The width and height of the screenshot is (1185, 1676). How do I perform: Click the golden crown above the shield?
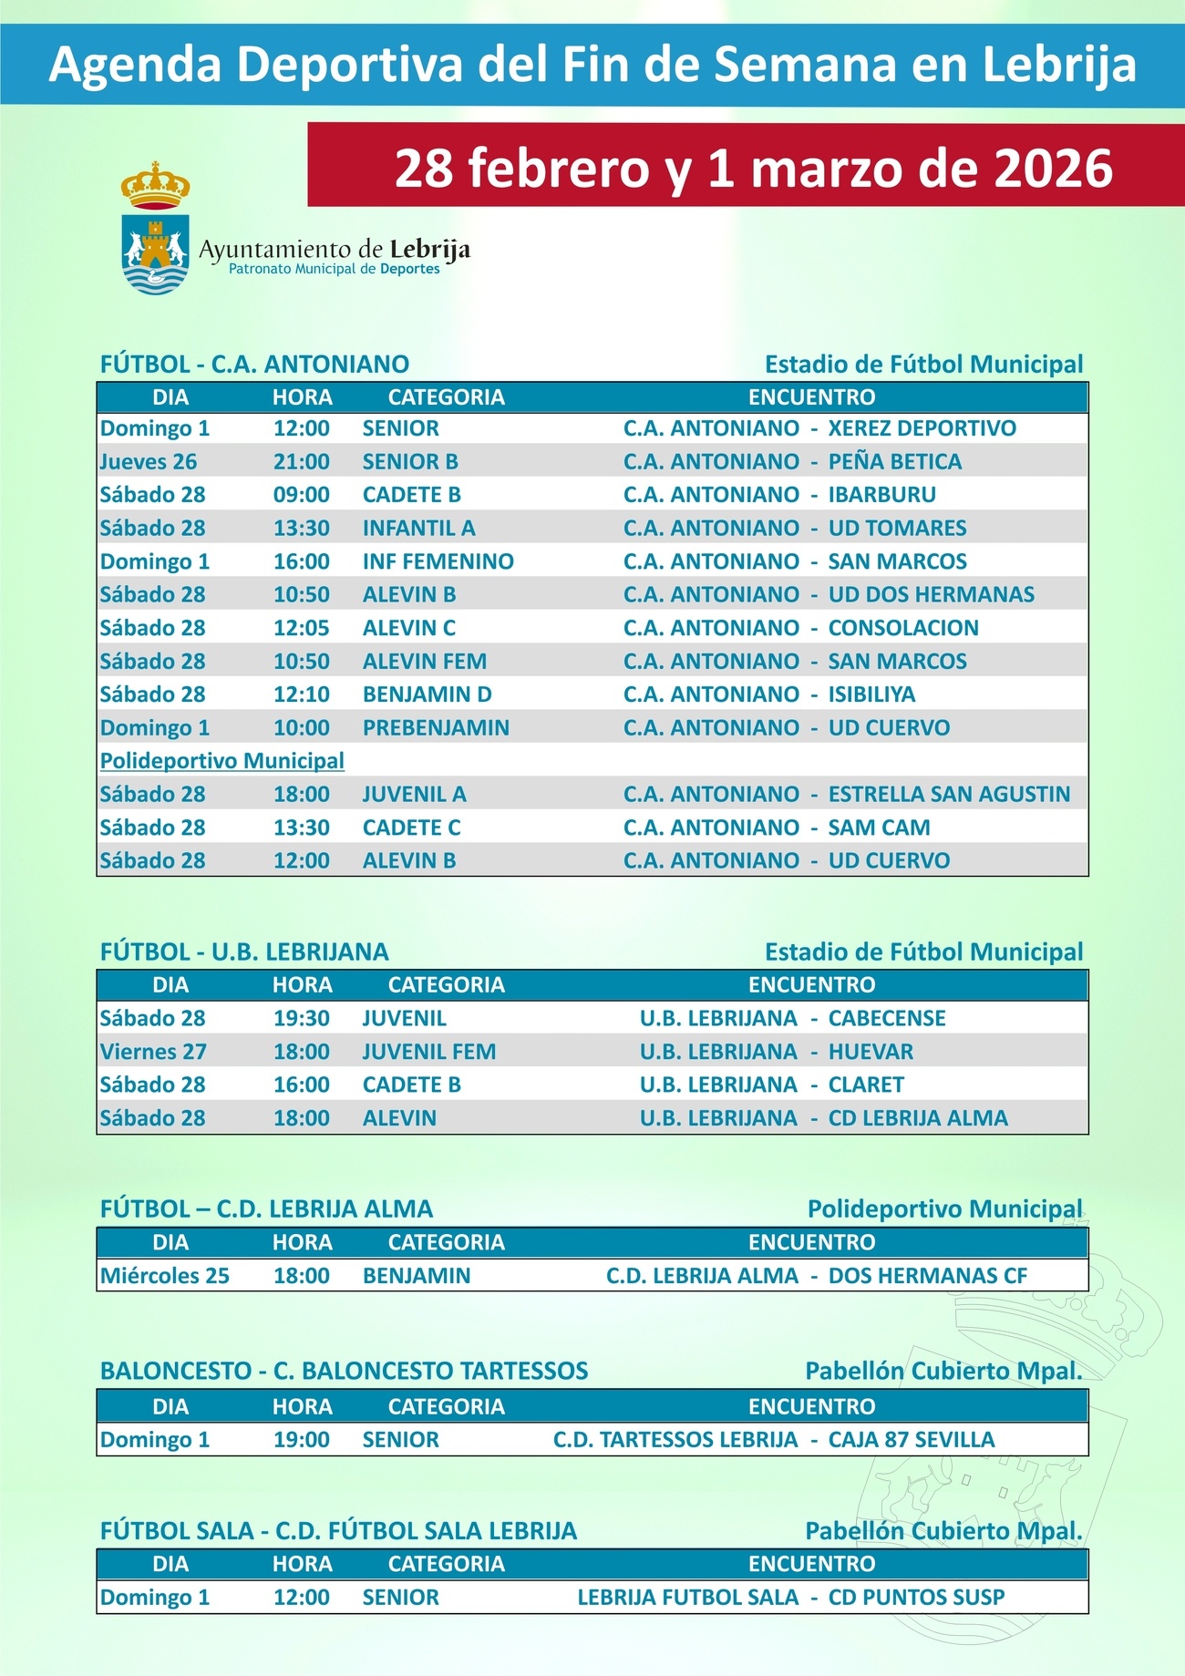[155, 185]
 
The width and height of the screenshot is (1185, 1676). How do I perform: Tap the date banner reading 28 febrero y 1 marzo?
[753, 168]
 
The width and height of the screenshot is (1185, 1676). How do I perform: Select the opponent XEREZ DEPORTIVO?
[922, 428]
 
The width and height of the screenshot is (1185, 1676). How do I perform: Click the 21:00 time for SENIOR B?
[302, 462]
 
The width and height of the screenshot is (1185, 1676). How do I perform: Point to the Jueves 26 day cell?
[149, 462]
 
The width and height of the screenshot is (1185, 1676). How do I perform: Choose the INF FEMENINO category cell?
[438, 561]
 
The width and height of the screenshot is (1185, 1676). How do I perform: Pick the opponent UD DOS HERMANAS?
[931, 595]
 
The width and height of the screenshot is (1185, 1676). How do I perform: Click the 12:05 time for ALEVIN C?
[302, 628]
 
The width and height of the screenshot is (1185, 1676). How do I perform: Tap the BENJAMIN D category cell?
[427, 694]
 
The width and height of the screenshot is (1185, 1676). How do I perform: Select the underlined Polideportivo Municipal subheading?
[222, 761]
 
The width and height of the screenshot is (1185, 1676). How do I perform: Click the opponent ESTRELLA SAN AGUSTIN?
[949, 795]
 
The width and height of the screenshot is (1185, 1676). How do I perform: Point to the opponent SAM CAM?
[879, 828]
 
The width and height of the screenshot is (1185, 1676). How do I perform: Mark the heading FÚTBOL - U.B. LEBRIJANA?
[244, 952]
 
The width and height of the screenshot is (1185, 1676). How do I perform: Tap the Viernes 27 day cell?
[153, 1052]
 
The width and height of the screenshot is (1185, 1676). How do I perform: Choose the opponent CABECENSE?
[886, 1018]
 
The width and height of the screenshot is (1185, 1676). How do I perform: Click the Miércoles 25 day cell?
[165, 1276]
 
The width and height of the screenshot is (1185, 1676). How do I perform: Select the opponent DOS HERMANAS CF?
[927, 1276]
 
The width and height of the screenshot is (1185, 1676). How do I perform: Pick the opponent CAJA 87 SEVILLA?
[911, 1440]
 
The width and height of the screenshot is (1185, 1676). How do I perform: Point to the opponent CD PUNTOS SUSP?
[916, 1598]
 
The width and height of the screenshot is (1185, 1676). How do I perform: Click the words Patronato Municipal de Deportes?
[334, 270]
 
